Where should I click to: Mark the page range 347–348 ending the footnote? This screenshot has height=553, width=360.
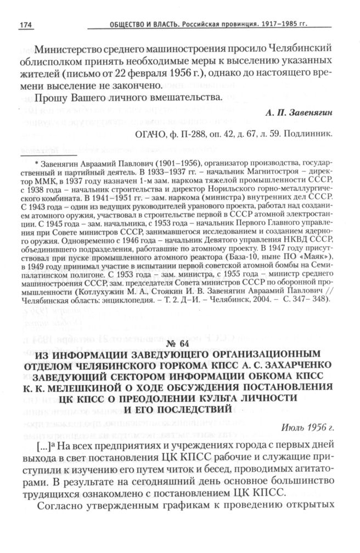click(x=311, y=300)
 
